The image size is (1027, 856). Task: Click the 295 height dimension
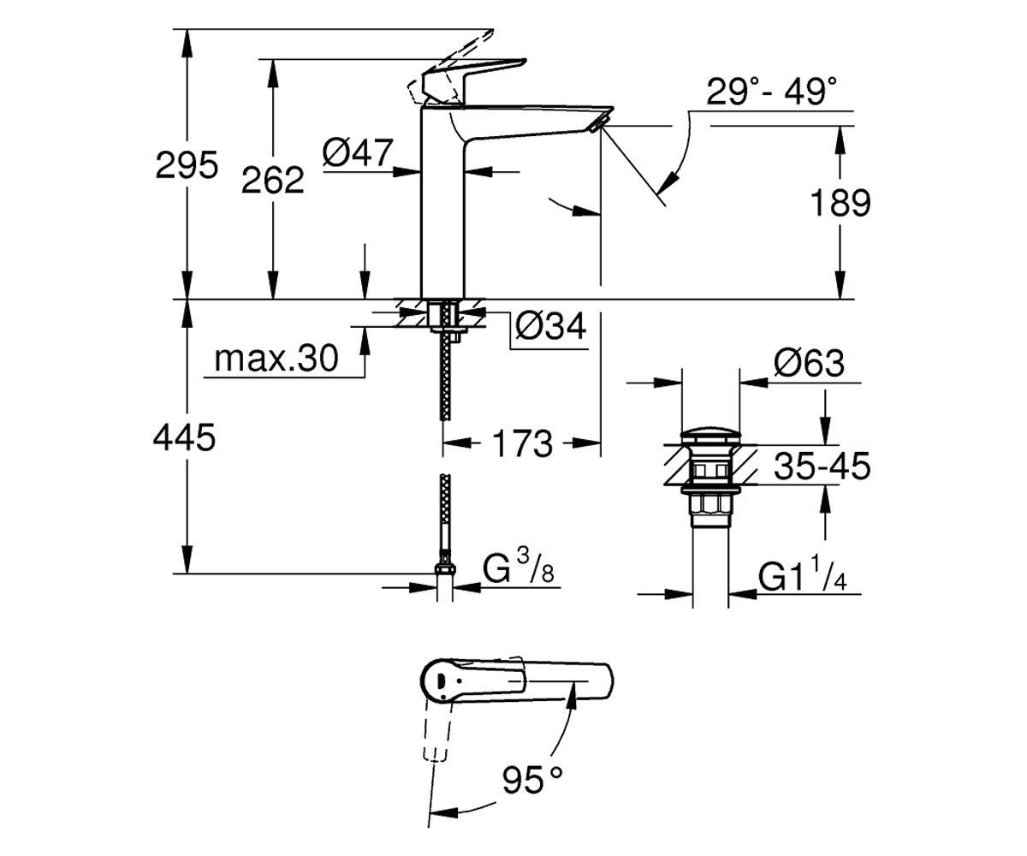[x=187, y=165]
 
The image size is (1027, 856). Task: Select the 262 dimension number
[x=272, y=180]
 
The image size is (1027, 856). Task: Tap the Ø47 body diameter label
[x=358, y=152]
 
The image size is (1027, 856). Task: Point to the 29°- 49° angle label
[x=771, y=91]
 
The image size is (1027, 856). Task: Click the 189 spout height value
[x=840, y=203]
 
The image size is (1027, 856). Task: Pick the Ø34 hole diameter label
[x=551, y=325]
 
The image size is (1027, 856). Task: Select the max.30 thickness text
[x=276, y=359]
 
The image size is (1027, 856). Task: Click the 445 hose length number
[x=185, y=437]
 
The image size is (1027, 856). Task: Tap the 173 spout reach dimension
[x=522, y=443]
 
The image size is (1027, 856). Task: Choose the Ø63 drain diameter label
[x=809, y=364]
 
